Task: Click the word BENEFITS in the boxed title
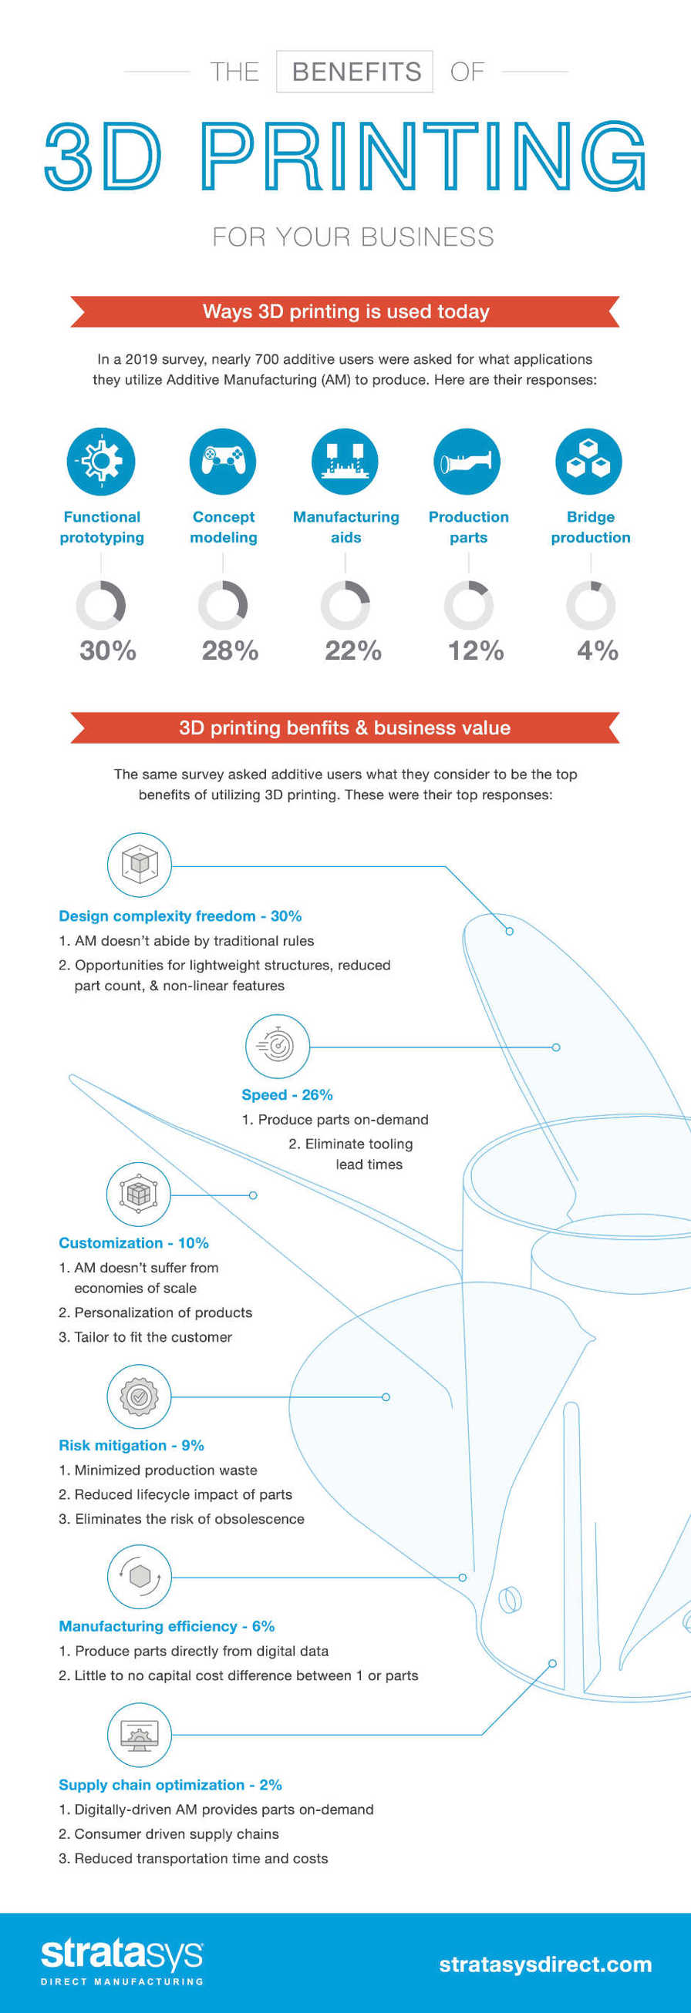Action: pyautogui.click(x=356, y=72)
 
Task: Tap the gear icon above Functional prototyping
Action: pyautogui.click(x=101, y=461)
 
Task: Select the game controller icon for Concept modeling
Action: pyautogui.click(x=223, y=461)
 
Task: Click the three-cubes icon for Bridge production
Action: pyautogui.click(x=588, y=461)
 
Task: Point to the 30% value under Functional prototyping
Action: pyautogui.click(x=108, y=650)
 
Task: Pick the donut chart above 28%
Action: pyautogui.click(x=223, y=606)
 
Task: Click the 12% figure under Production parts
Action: pyautogui.click(x=475, y=650)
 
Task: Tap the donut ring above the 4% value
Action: pyautogui.click(x=591, y=606)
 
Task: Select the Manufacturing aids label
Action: pyautogui.click(x=345, y=526)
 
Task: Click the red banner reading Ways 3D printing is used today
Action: pyautogui.click(x=345, y=312)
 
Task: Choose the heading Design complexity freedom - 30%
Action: pyautogui.click(x=180, y=916)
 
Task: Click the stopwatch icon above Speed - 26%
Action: pyautogui.click(x=278, y=1046)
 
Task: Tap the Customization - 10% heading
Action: pyautogui.click(x=133, y=1242)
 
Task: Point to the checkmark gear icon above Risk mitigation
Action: pyautogui.click(x=139, y=1396)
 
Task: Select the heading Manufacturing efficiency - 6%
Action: pyautogui.click(x=167, y=1626)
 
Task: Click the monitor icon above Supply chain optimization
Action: pyautogui.click(x=139, y=1735)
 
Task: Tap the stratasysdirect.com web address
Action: pyautogui.click(x=544, y=1964)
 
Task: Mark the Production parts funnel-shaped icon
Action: pyautogui.click(x=467, y=461)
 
